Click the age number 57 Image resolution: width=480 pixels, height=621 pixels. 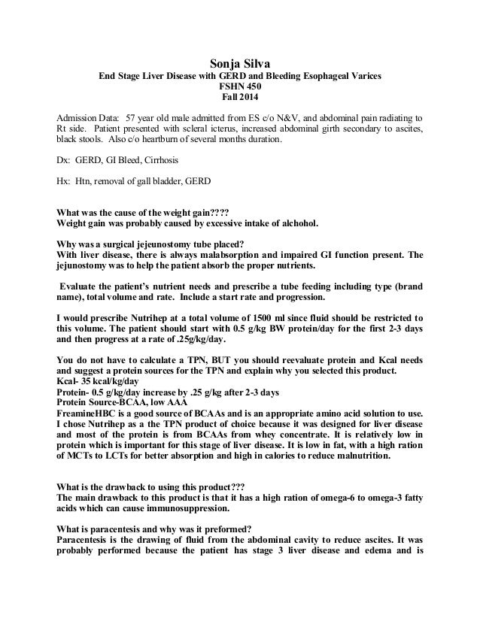(133, 118)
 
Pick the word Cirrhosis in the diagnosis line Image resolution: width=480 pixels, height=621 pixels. (159, 161)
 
